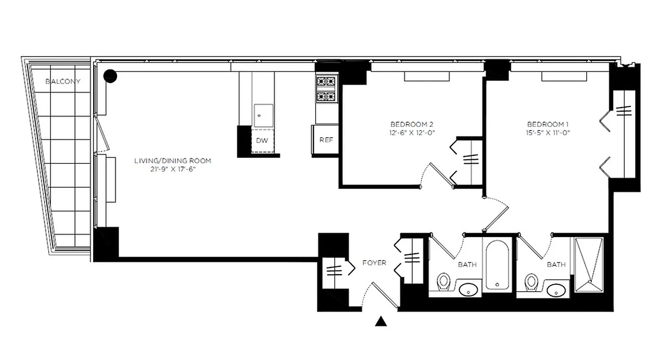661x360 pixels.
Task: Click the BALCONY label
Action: tap(63, 81)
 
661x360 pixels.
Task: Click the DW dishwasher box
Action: tap(262, 140)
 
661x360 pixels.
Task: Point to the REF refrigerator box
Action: tap(326, 140)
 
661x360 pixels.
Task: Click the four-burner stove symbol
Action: tap(326, 89)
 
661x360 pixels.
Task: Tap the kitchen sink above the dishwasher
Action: tap(263, 116)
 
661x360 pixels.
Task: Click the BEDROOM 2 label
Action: tap(412, 124)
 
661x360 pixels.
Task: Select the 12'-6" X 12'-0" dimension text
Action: tap(412, 132)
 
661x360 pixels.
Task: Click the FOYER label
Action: tap(374, 263)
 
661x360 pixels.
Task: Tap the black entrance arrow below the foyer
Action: tap(381, 321)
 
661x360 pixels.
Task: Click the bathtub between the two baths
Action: tap(497, 265)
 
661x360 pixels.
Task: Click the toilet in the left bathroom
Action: tap(444, 283)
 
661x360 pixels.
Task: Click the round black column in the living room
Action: tap(110, 76)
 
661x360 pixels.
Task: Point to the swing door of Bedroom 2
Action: tap(435, 175)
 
